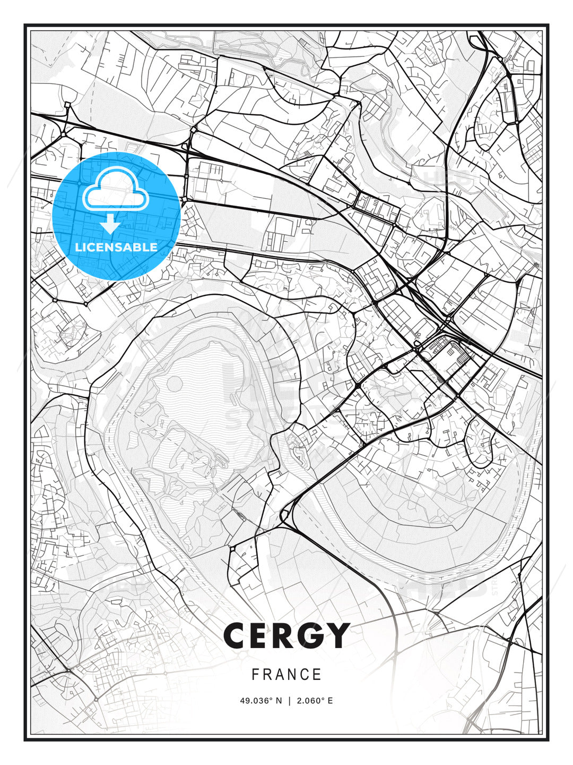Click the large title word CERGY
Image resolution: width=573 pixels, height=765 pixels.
(x=286, y=635)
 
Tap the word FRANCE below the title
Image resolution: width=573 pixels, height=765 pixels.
(x=286, y=675)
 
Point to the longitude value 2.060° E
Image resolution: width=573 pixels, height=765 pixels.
(x=315, y=701)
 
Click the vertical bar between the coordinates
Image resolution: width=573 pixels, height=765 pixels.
(x=289, y=701)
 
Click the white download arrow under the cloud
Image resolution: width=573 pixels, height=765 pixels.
(x=110, y=224)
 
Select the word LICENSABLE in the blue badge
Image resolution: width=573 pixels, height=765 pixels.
(x=116, y=247)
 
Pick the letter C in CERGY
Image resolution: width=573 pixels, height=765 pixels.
(x=237, y=635)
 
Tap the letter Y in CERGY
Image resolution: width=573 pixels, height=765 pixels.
(x=337, y=635)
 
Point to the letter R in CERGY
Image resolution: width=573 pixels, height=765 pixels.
(x=285, y=635)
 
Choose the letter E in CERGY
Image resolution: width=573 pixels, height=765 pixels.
(x=262, y=635)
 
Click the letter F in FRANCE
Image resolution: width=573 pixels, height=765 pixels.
(x=255, y=675)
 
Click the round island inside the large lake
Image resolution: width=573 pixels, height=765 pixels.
(x=176, y=383)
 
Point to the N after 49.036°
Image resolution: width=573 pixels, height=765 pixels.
(x=279, y=701)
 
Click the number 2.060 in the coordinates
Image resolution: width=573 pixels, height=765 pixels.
(x=309, y=701)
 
